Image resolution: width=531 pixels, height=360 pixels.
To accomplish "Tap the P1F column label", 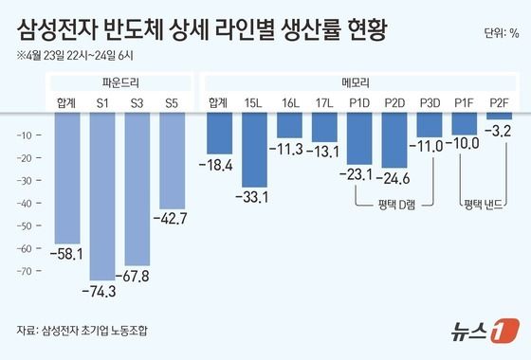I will [x=465, y=101].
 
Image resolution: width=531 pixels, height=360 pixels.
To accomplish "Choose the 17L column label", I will [x=324, y=101].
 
